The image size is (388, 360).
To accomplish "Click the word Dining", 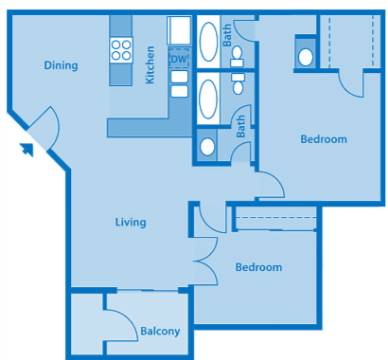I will [61, 65].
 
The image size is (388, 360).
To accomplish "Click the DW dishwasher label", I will [179, 59].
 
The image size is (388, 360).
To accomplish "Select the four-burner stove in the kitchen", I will [121, 48].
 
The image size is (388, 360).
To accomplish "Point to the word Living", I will [131, 223].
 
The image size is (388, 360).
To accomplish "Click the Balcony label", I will [160, 332].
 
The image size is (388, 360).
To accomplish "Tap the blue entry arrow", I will [27, 147].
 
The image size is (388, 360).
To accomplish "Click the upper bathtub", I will [208, 43].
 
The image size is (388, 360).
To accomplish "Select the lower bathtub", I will [208, 97].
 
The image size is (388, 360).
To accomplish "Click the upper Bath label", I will [227, 36].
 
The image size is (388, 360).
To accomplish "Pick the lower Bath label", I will [240, 127].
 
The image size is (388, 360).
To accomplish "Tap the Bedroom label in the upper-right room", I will [324, 139].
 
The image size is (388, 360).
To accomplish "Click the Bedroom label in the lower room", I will [258, 267].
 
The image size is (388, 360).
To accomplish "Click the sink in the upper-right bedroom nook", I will [306, 57].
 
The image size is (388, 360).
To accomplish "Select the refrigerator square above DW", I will [179, 32].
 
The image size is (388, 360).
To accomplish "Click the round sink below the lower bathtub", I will [207, 147].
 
